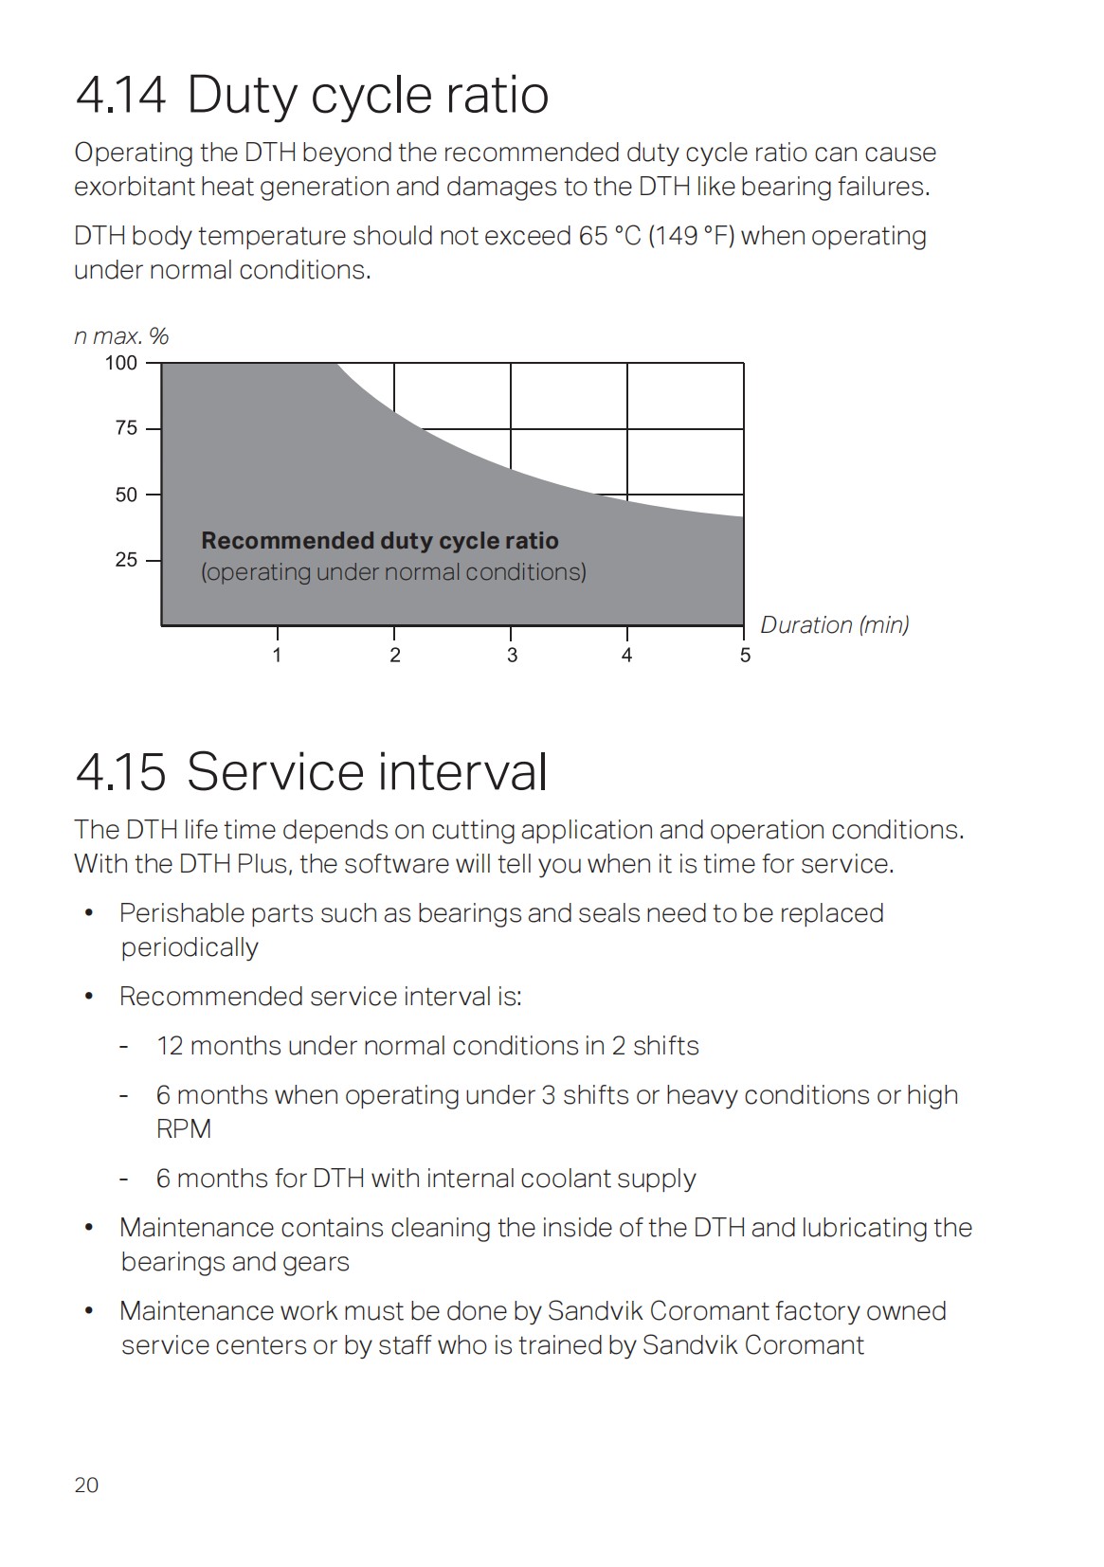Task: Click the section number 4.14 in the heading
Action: tap(120, 96)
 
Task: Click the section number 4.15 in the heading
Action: tap(120, 772)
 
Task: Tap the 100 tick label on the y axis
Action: tap(120, 363)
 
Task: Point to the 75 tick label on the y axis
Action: tap(126, 428)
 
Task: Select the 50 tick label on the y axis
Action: tap(126, 495)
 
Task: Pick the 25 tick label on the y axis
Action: tap(126, 560)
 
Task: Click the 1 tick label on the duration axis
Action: tap(277, 656)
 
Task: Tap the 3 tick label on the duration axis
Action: tap(512, 656)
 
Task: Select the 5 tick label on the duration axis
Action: tap(745, 656)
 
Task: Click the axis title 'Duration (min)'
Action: tap(834, 625)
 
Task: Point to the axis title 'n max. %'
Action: tap(121, 336)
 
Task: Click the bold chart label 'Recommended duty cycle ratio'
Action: tap(379, 541)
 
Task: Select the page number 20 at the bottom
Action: tap(86, 1485)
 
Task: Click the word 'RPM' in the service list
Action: tap(183, 1129)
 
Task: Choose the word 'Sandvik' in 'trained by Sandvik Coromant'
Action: tap(689, 1345)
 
